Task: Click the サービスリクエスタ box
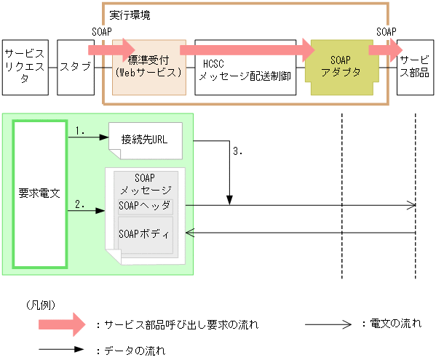point(25,67)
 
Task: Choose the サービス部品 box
point(414,67)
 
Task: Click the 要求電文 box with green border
point(39,193)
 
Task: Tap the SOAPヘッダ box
point(144,207)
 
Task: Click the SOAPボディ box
point(145,234)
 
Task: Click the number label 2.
point(81,205)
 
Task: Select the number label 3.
point(237,152)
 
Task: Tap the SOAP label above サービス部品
point(387,32)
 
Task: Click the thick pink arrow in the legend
point(65,325)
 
